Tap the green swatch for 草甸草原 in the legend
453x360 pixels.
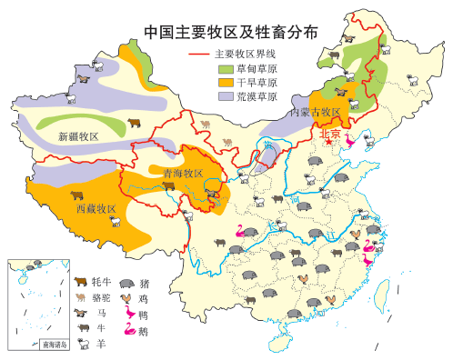[225, 68]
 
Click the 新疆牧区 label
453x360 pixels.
[77, 136]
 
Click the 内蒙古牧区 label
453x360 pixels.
[315, 113]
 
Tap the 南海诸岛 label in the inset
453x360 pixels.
[55, 345]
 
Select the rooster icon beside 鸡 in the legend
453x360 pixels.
[126, 298]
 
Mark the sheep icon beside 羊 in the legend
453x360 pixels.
[82, 344]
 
